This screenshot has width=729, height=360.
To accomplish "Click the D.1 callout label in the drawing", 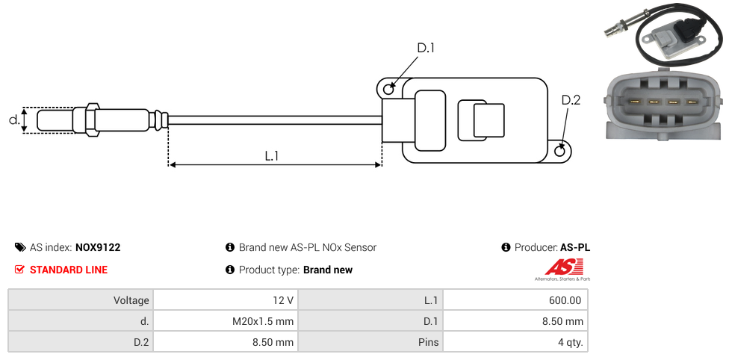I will pyautogui.click(x=426, y=49).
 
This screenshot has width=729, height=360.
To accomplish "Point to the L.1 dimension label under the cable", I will pyautogui.click(x=272, y=155).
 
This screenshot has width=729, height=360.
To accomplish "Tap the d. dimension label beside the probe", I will pyautogui.click(x=13, y=120).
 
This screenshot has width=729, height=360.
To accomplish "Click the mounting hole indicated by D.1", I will pyautogui.click(x=388, y=90).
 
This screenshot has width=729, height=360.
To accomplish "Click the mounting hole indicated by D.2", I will pyautogui.click(x=560, y=151).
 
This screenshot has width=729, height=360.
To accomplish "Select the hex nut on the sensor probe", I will pyautogui.click(x=93, y=120).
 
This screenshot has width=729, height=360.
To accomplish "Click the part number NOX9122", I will pyautogui.click(x=98, y=247).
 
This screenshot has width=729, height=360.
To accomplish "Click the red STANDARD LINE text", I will pyautogui.click(x=69, y=270).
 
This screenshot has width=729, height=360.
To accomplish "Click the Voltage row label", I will pyautogui.click(x=131, y=300).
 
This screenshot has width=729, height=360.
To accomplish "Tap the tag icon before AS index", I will pyautogui.click(x=20, y=247).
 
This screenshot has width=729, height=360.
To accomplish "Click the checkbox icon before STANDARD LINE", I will pyautogui.click(x=20, y=270).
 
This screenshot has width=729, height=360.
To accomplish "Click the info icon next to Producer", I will pyautogui.click(x=506, y=247).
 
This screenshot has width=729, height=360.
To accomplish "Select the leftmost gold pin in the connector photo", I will pyautogui.click(x=635, y=102).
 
